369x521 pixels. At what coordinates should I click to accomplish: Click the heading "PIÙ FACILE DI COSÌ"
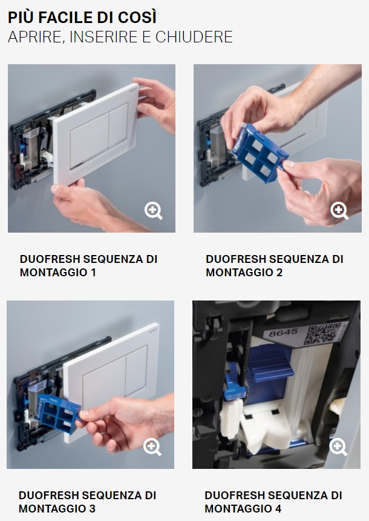pyautogui.click(x=82, y=18)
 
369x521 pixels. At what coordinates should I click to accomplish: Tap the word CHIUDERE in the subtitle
pyautogui.click(x=194, y=37)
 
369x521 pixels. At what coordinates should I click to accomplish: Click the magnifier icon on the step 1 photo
pyautogui.click(x=153, y=211)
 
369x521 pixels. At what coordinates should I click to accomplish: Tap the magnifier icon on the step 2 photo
pyautogui.click(x=339, y=211)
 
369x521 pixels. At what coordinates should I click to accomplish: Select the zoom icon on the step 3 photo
pyautogui.click(x=152, y=447)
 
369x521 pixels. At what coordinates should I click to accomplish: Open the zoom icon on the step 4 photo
pyautogui.click(x=338, y=447)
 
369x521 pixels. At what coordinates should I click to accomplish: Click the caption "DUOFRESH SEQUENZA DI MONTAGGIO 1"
pyautogui.click(x=88, y=266)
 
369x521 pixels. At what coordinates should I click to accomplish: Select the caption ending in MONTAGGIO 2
pyautogui.click(x=275, y=266)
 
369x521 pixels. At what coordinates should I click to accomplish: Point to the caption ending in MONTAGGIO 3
pyautogui.click(x=87, y=502)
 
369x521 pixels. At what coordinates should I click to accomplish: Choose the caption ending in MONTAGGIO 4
pyautogui.click(x=273, y=502)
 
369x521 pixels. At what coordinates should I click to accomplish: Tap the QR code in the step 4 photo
pyautogui.click(x=322, y=334)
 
